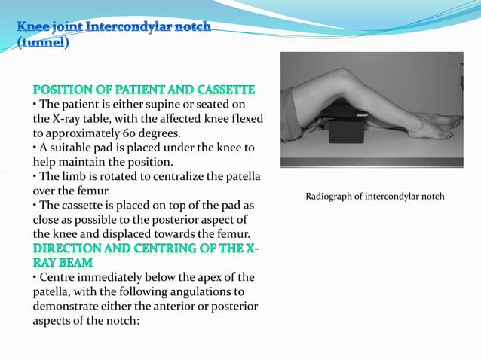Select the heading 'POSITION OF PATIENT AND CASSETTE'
(x=143, y=88)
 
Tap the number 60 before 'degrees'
(x=166, y=133)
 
